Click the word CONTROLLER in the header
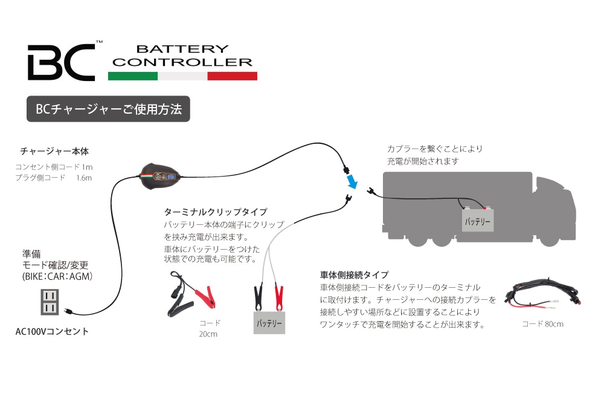coord(182,62)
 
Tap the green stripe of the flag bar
coord(132,76)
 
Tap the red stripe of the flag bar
coord(232,76)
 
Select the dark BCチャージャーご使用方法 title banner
coord(109,109)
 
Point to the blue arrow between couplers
coord(352,181)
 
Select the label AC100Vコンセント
coord(52,331)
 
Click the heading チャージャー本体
coord(54,151)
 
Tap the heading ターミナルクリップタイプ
coord(216,212)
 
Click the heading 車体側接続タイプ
coord(354,274)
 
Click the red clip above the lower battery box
coord(279,296)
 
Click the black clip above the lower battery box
coord(258,296)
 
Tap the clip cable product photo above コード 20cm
coord(188,296)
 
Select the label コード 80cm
coord(542,324)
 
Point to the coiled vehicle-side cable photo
coord(542,294)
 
